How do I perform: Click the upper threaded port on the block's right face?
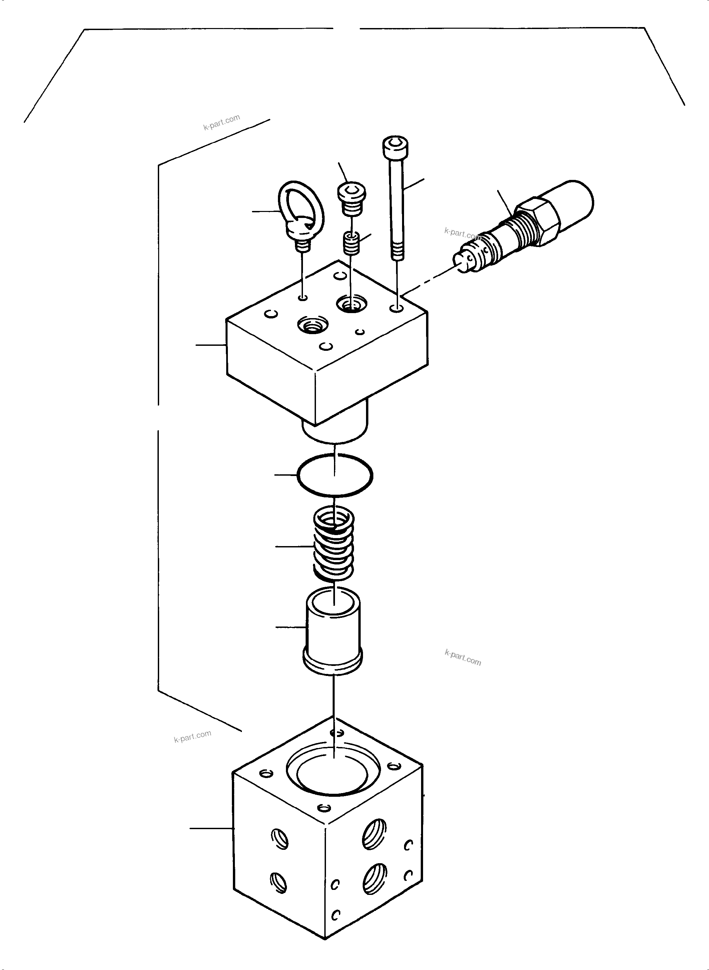tap(375, 833)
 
